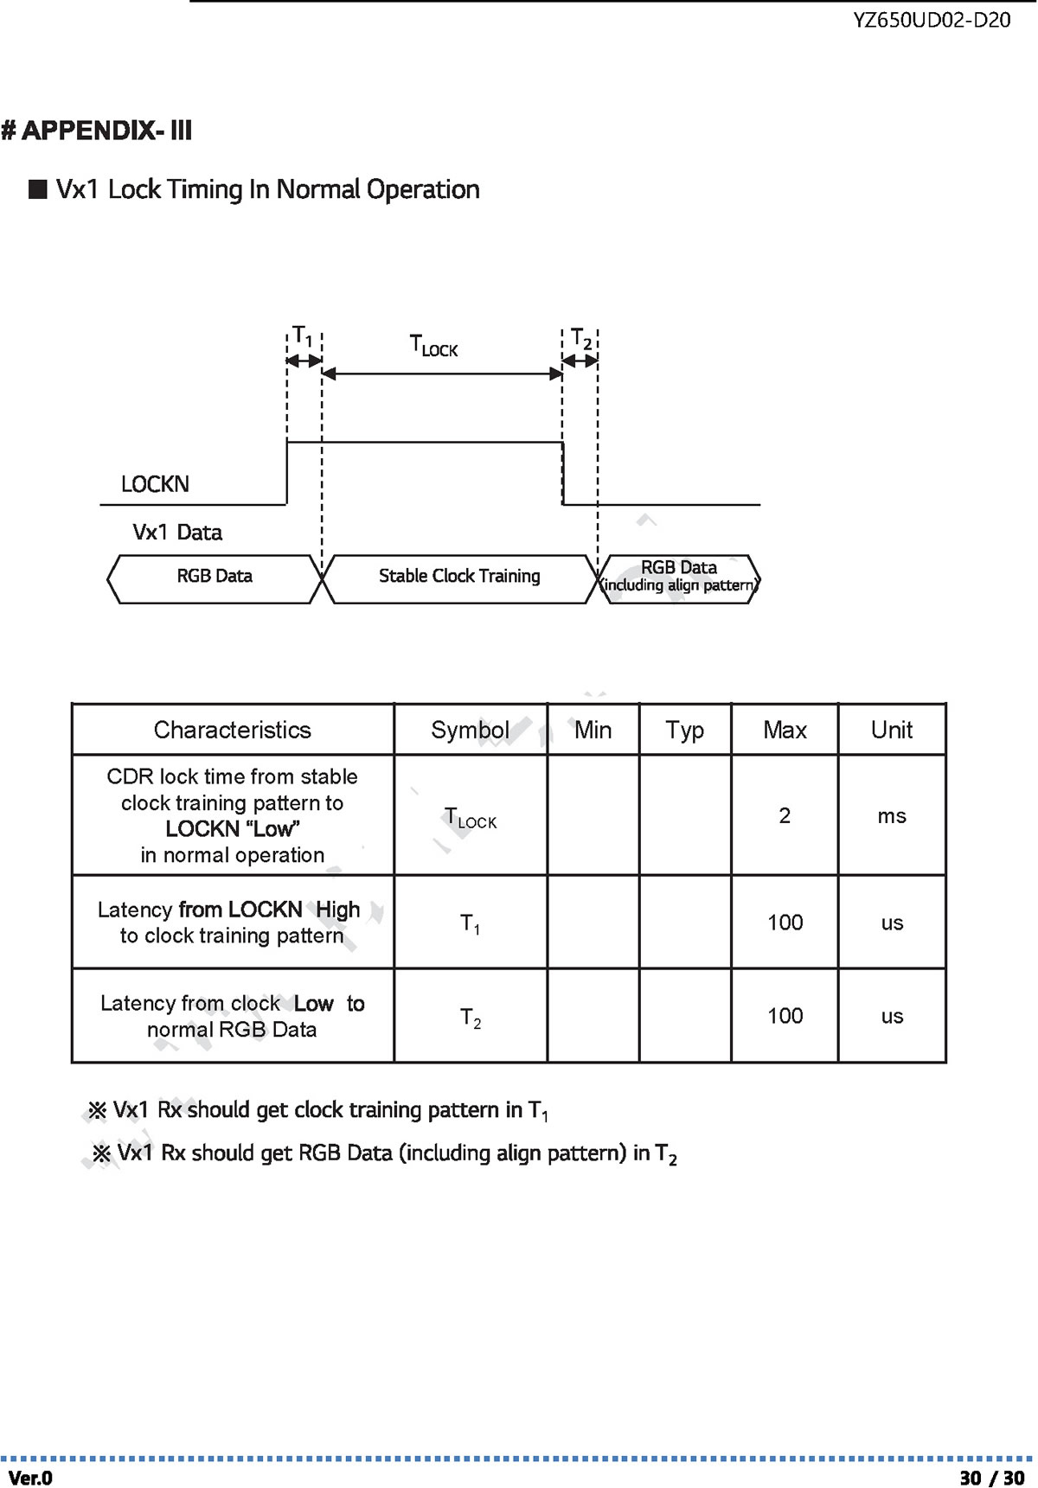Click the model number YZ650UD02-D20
pos(932,20)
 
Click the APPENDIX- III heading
pos(97,131)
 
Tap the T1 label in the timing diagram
pos(302,335)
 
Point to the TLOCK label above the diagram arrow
pos(433,346)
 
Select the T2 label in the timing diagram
pos(581,339)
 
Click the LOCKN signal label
pos(155,484)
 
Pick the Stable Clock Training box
pos(459,578)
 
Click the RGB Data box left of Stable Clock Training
pos(215,578)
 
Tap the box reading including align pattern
pos(679,578)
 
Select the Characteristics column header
pos(233,730)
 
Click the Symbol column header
pos(470,731)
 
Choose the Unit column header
pos(892,730)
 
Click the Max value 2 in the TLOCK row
pos(785,815)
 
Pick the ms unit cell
pos(892,816)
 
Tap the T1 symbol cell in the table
pos(470,924)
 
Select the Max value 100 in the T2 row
pos(785,1016)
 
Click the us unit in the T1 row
pos(892,923)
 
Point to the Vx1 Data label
pos(177,533)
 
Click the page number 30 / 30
pos(992,1478)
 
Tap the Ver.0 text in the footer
pos(30,1478)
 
